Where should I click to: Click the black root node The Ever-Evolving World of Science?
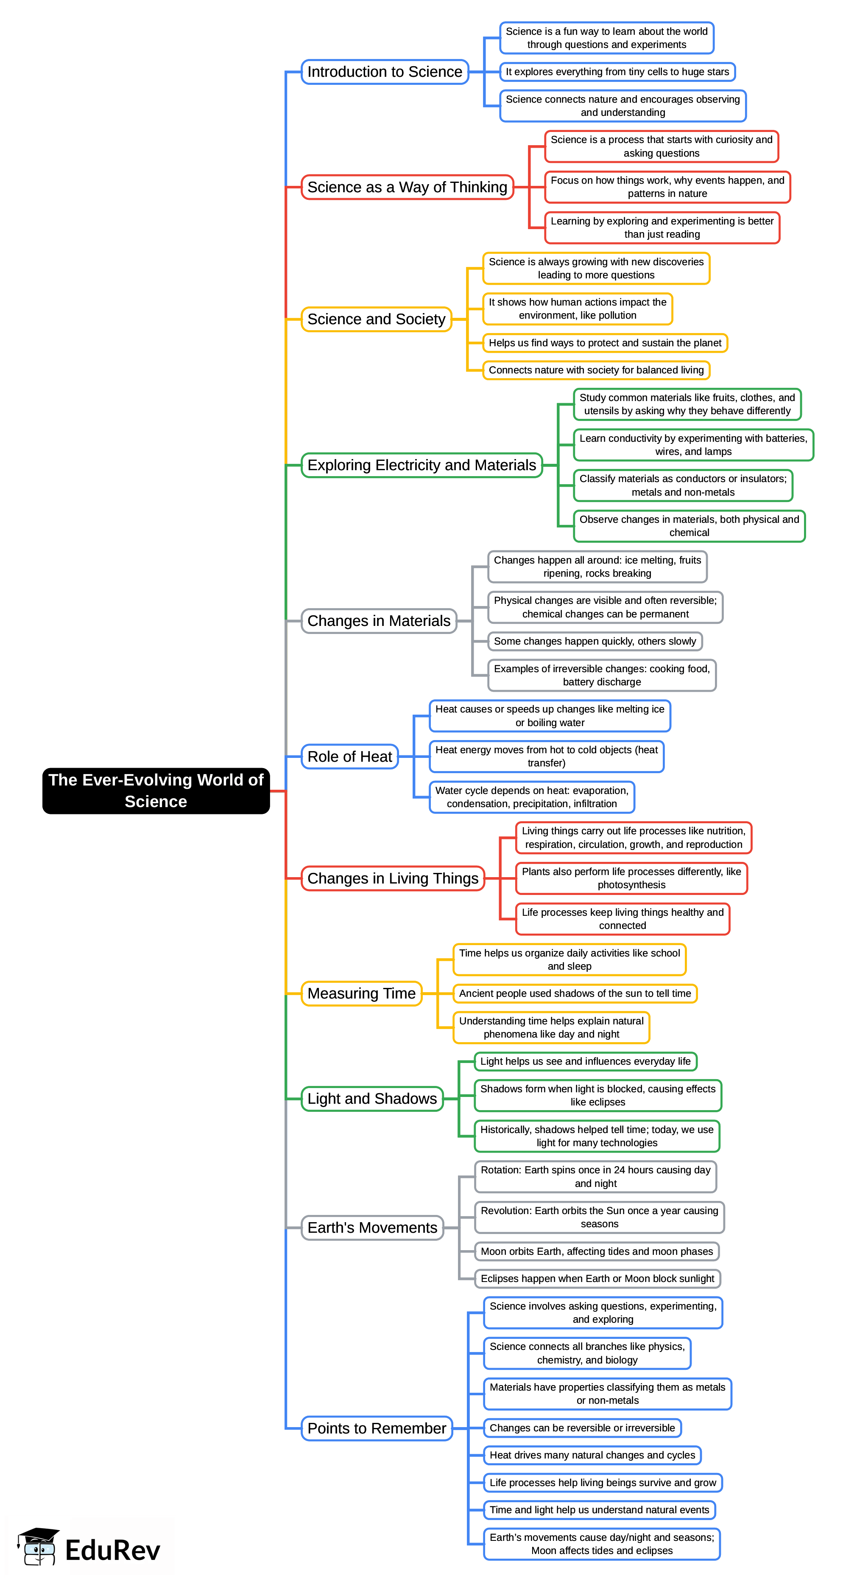156,791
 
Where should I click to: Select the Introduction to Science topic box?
385,72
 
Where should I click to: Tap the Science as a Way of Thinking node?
407,187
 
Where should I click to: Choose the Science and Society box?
376,320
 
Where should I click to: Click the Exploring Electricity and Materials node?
422,465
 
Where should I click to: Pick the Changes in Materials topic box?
379,621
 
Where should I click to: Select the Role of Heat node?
349,757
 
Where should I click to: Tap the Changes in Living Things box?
393,878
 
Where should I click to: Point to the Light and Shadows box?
372,1099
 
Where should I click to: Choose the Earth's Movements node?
372,1228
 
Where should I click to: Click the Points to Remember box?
376,1428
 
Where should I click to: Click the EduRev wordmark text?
113,1550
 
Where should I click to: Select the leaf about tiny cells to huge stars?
617,72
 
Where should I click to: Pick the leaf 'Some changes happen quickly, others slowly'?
595,641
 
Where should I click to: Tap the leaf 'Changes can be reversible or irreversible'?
582,1428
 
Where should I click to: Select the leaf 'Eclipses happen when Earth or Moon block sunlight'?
597,1278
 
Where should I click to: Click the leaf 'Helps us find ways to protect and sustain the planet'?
605,343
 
